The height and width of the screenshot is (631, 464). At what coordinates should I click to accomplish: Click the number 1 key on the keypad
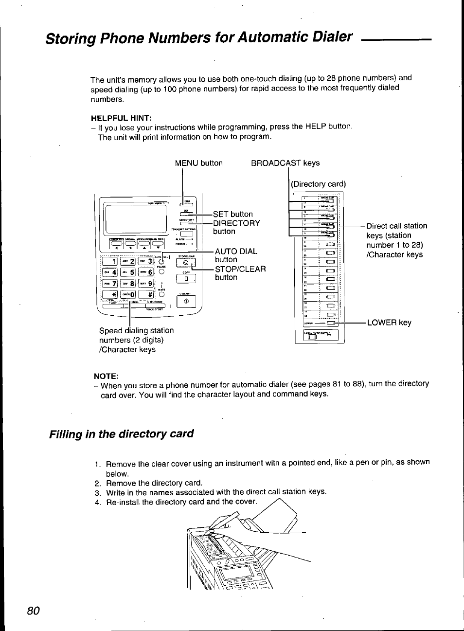click(110, 261)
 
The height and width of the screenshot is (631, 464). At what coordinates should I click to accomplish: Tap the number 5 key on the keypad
click(128, 272)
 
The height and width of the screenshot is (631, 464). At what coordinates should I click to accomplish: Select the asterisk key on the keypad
click(110, 294)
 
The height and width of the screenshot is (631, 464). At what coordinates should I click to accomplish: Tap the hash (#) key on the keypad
click(146, 294)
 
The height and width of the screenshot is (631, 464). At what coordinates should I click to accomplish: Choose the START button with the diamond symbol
click(185, 302)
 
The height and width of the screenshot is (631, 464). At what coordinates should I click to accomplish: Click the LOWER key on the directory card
click(332, 323)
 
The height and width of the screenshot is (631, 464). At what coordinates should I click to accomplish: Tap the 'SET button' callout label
click(232, 214)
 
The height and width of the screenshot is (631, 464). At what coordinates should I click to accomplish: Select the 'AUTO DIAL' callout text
click(236, 251)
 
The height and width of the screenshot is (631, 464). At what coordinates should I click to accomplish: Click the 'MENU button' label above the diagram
click(198, 163)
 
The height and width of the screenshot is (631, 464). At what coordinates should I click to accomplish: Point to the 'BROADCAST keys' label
click(285, 163)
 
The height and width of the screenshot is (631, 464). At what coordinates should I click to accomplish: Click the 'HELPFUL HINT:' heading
click(121, 118)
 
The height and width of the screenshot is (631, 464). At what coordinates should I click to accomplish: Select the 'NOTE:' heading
click(106, 376)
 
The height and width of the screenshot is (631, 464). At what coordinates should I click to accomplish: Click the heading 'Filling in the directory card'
click(121, 434)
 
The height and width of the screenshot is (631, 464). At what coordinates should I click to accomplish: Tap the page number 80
click(33, 611)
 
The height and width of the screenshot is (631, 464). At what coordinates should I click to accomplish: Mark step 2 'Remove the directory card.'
click(154, 483)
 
